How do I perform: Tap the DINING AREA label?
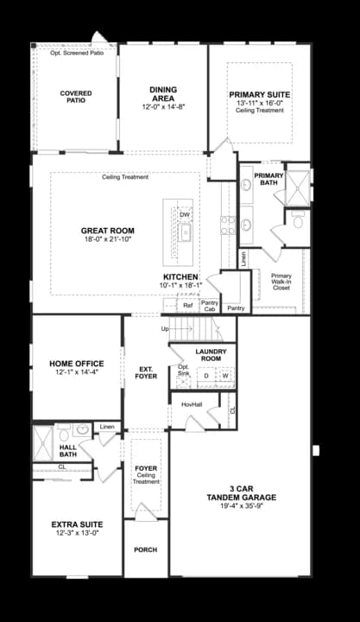[163, 94]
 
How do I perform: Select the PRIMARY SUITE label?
[259, 94]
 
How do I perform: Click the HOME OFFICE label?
[77, 364]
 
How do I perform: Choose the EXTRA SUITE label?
[77, 524]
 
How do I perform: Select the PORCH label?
[145, 549]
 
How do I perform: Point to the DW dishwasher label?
[185, 214]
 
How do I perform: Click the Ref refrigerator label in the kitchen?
[187, 305]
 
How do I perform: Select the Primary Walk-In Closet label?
[281, 282]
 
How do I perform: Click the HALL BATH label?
[69, 451]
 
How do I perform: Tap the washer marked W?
[224, 376]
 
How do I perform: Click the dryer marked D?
[206, 376]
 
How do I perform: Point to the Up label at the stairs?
[166, 329]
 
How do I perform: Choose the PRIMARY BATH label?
[268, 178]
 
